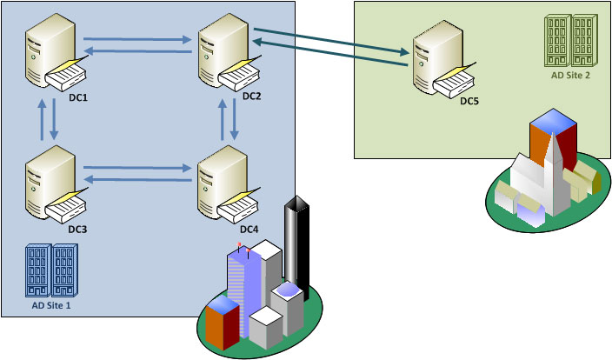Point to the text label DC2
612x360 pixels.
(252, 97)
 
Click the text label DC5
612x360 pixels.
(469, 102)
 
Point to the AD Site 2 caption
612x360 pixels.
(571, 75)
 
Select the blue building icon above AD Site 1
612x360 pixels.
(51, 270)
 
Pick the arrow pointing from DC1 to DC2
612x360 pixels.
(139, 38)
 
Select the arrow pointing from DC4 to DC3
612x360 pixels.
(139, 180)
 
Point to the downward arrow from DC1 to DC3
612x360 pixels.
(55, 121)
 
